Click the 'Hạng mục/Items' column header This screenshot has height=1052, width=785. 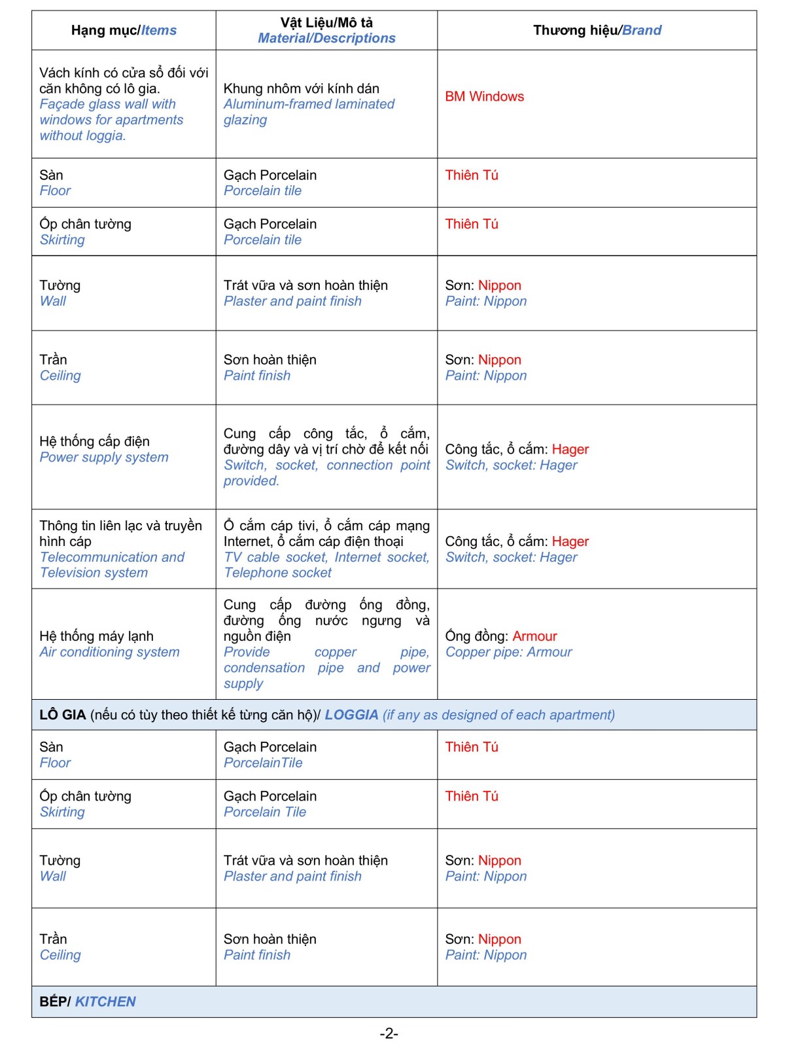(124, 30)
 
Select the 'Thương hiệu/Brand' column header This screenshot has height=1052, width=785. (597, 30)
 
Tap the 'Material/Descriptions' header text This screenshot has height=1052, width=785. (326, 38)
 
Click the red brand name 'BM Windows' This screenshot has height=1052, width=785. (484, 96)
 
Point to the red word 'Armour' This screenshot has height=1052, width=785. (534, 636)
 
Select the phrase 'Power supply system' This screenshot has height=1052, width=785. (104, 457)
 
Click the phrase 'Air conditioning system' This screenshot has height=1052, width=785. (109, 651)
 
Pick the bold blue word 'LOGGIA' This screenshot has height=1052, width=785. (351, 714)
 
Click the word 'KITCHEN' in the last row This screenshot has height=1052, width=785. (105, 1001)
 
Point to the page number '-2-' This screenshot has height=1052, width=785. (389, 1033)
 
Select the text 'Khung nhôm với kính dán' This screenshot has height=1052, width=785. (301, 88)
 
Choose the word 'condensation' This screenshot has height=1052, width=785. (264, 667)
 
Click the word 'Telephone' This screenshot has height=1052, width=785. (251, 573)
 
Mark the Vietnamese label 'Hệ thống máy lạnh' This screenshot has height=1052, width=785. (96, 636)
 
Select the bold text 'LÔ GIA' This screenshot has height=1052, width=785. (62, 714)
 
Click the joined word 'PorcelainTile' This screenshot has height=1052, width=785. (263, 763)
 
